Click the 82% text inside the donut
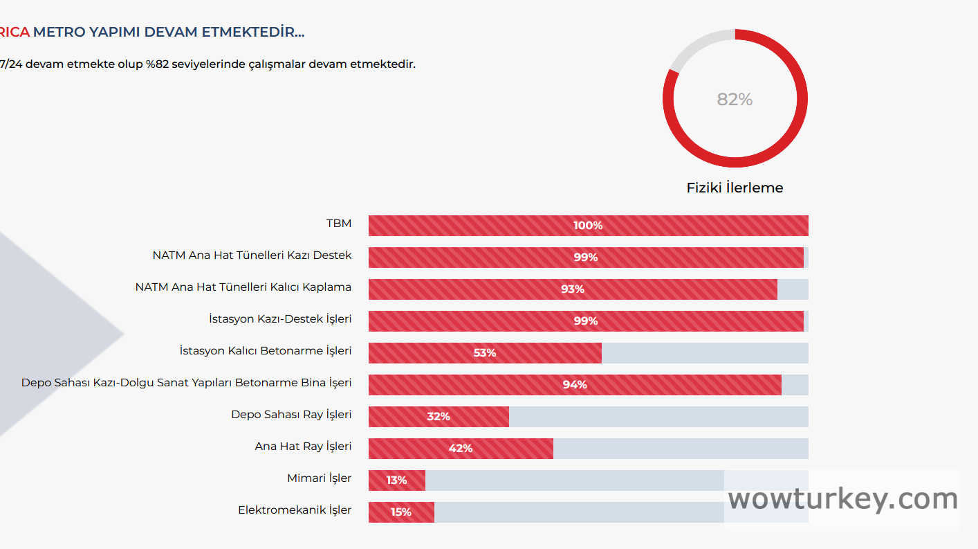(735, 100)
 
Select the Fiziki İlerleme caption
(735, 188)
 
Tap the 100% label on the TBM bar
(588, 226)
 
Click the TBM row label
(339, 224)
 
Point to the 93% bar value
(573, 289)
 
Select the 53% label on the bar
(485, 353)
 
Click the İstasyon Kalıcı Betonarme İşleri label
(266, 351)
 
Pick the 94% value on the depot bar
(575, 385)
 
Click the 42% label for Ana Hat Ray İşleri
(461, 449)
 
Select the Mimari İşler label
(319, 478)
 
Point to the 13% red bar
(397, 480)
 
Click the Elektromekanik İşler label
(295, 510)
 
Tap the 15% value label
(401, 512)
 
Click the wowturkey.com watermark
(842, 499)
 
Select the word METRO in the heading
(59, 32)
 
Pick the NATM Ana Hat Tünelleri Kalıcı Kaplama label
(243, 287)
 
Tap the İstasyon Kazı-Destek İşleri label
(280, 319)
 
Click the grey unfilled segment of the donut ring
(697, 46)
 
